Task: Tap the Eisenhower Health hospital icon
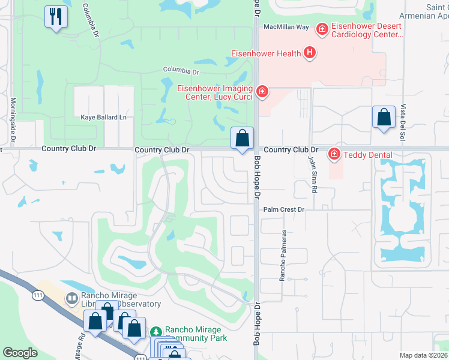[x=310, y=53]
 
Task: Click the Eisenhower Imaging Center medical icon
[x=262, y=92]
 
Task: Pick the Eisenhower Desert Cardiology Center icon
[x=322, y=28]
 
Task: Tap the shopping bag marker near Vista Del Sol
[x=384, y=118]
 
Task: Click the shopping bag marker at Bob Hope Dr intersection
[x=242, y=139]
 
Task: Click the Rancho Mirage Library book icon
[x=72, y=298]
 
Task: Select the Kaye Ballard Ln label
[x=105, y=117]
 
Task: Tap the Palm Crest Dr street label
[x=285, y=209]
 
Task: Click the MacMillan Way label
[x=286, y=27]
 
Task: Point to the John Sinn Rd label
[x=313, y=175]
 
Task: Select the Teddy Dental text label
[x=367, y=155]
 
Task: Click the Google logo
[x=20, y=353]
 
